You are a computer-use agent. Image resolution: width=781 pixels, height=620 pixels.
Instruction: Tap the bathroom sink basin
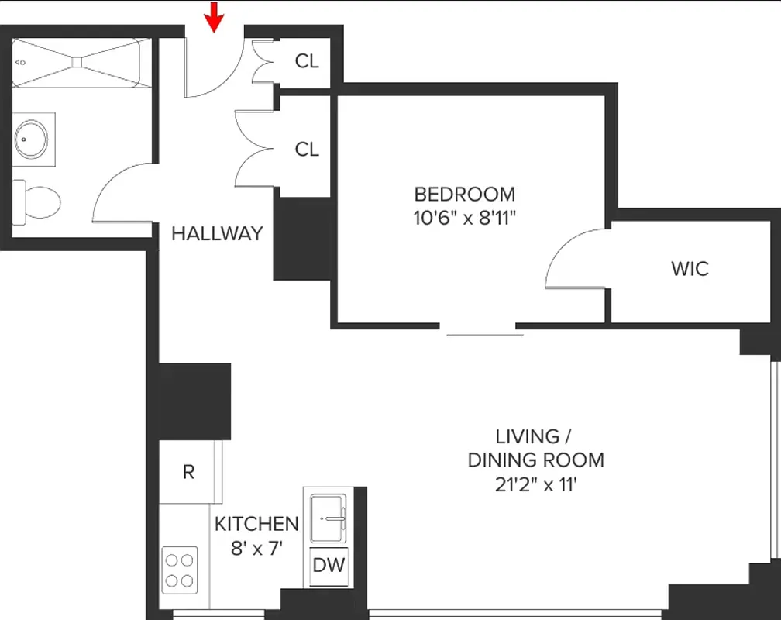(31, 139)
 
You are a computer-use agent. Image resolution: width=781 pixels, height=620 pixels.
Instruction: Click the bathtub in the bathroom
(81, 61)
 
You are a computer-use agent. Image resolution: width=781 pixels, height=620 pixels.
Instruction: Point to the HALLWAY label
(217, 233)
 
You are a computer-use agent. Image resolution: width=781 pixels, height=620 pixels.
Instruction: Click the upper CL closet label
(307, 60)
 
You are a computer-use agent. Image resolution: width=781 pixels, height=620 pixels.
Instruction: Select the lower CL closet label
(307, 149)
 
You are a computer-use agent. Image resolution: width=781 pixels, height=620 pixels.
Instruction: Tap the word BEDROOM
(464, 194)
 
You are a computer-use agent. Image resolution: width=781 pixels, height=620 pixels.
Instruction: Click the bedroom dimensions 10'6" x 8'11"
(464, 218)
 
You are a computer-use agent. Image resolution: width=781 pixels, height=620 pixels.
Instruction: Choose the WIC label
(690, 269)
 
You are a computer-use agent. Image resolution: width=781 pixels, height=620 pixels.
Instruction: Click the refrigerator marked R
(188, 472)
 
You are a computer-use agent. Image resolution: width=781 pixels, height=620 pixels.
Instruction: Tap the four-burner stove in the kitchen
(179, 570)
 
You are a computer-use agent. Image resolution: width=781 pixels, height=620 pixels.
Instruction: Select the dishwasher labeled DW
(329, 565)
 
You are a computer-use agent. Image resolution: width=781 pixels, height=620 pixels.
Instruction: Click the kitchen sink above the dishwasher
(329, 517)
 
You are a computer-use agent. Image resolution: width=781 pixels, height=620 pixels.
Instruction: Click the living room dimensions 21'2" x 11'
(535, 485)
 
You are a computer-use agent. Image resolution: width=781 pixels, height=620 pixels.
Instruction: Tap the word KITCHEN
(256, 524)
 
